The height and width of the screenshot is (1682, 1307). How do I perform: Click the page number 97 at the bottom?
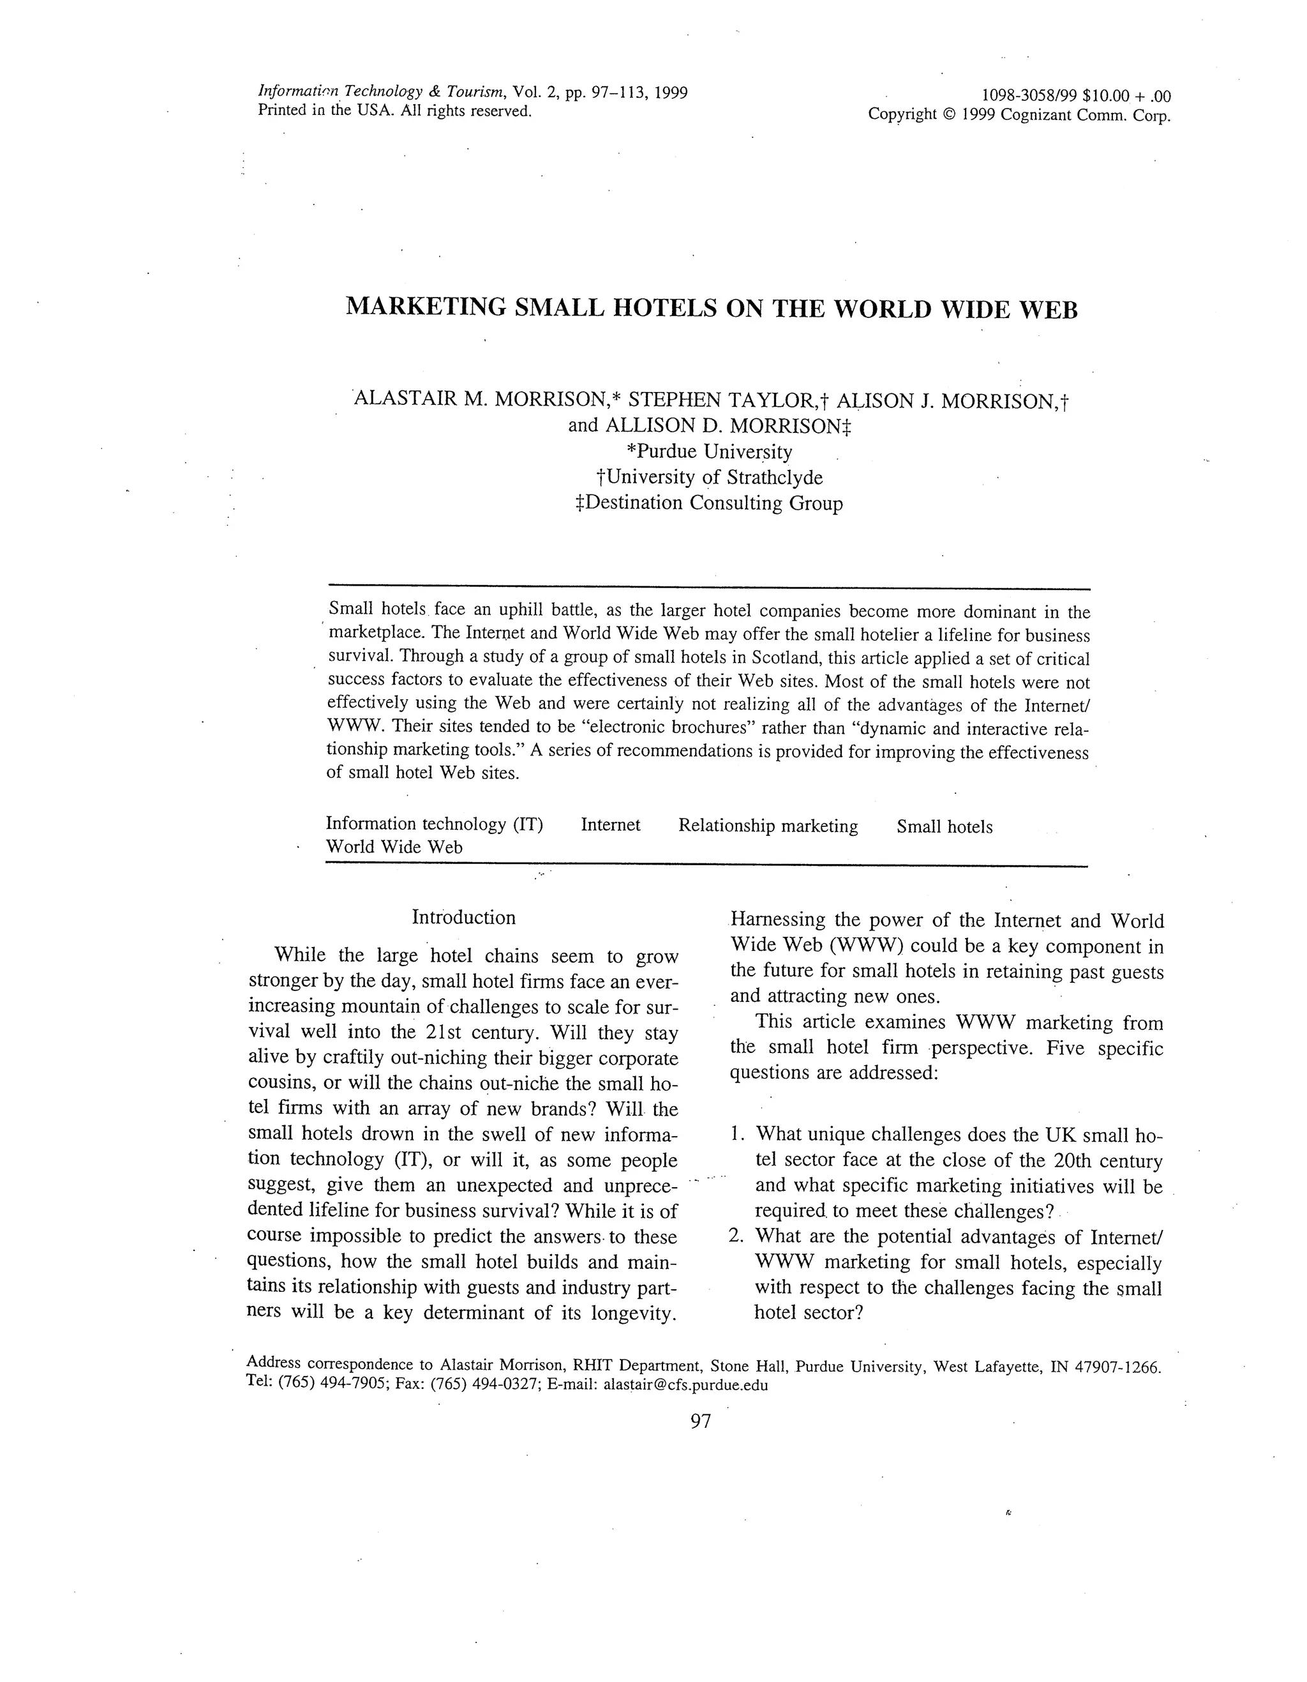(x=701, y=1421)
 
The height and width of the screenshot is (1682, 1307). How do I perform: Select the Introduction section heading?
(x=463, y=917)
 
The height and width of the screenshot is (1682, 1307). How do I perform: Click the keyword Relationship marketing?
(x=768, y=826)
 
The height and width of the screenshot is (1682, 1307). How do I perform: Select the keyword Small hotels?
(x=945, y=826)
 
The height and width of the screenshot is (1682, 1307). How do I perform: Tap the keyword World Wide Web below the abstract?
(x=394, y=847)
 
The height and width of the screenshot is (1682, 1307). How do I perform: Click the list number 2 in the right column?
(x=735, y=1236)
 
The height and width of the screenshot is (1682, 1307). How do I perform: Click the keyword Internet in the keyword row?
(x=610, y=825)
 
